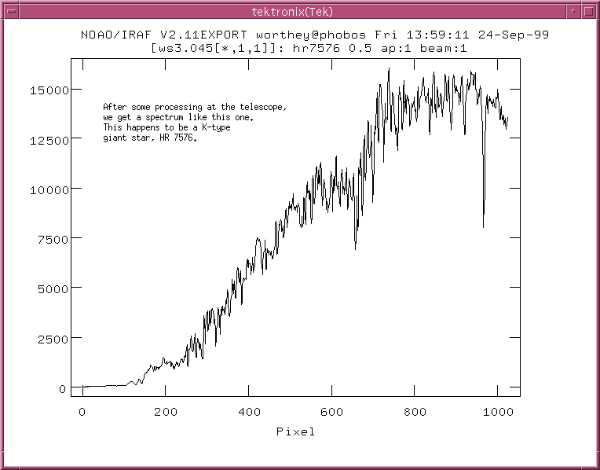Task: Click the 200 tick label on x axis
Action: pos(165,411)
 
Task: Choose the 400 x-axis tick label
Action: pos(249,411)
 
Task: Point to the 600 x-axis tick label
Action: pos(332,411)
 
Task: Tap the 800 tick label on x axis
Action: pos(415,411)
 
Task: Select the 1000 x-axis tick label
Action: pos(496,411)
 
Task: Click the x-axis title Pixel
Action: pos(295,431)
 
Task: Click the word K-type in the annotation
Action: pos(214,127)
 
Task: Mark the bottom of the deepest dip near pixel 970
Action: pos(483,226)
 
